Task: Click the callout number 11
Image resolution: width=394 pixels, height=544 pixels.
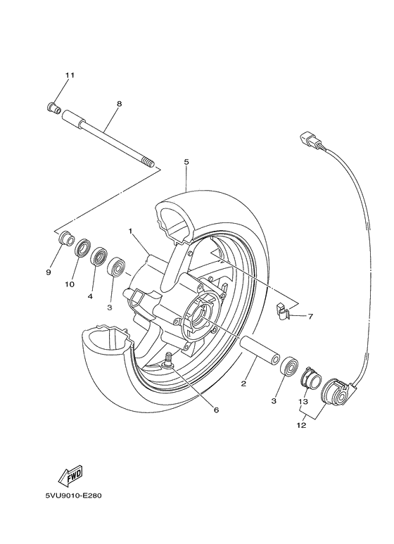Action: pyautogui.click(x=69, y=75)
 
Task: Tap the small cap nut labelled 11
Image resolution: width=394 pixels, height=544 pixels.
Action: pyautogui.click(x=51, y=108)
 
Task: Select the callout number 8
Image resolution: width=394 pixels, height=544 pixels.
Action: pyautogui.click(x=119, y=103)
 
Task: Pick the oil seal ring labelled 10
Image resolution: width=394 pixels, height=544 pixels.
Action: pyautogui.click(x=82, y=247)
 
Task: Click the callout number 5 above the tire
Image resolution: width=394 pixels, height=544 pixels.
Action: pyautogui.click(x=186, y=162)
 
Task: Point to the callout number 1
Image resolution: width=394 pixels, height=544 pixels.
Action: pyautogui.click(x=130, y=230)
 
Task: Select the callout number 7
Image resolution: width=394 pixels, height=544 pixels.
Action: pyautogui.click(x=311, y=317)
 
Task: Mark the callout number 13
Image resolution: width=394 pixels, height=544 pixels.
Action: pyautogui.click(x=303, y=402)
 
